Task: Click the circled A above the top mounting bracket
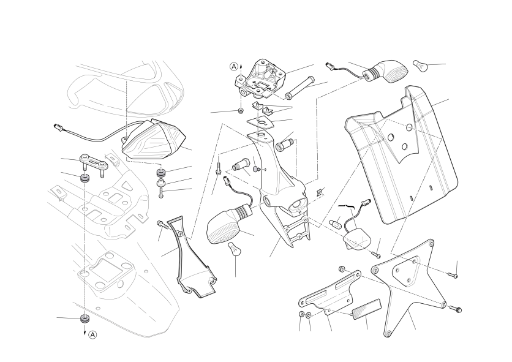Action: pos(234,67)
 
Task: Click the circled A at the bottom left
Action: pos(93,335)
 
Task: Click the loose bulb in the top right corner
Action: pos(420,66)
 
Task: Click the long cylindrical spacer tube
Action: pos(299,87)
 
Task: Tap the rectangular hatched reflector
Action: pos(366,309)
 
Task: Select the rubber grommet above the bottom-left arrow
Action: pos(85,319)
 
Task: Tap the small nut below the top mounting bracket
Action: pos(240,111)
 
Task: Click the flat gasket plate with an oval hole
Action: pos(260,123)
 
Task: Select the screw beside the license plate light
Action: pos(376,254)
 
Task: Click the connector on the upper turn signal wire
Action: pos(329,66)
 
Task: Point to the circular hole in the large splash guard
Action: pos(409,127)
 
